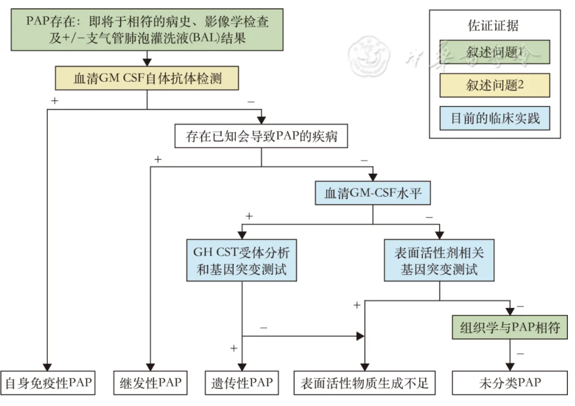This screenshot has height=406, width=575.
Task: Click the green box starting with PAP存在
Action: click(147, 30)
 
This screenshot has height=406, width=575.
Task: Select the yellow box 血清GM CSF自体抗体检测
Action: click(147, 78)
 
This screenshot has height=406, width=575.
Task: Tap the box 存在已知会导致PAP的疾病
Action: click(262, 136)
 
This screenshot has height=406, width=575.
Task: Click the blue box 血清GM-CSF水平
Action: click(373, 193)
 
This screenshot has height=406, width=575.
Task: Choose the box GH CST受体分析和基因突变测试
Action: click(241, 260)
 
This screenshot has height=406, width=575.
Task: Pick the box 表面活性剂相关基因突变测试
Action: click(439, 260)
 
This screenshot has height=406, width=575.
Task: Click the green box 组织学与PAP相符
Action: click(510, 327)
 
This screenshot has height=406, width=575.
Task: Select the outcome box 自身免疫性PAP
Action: click(48, 383)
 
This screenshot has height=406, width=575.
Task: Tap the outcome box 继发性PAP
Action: click(150, 383)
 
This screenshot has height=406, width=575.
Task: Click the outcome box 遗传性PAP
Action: click(242, 383)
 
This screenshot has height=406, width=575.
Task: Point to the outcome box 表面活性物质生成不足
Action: click(365, 383)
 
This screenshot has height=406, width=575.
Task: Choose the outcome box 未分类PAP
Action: click(510, 383)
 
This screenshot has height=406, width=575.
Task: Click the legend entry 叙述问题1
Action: click(495, 52)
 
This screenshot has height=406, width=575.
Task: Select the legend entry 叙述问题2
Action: click(495, 85)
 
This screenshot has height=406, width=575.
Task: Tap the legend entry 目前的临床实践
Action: click(495, 118)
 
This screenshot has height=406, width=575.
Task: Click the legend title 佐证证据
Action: click(493, 26)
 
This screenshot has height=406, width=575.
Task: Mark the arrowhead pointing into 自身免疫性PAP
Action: click(47, 367)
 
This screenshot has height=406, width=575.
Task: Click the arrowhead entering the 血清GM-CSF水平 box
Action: click(373, 177)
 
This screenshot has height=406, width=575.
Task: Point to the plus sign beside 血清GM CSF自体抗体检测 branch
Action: click(54, 101)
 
